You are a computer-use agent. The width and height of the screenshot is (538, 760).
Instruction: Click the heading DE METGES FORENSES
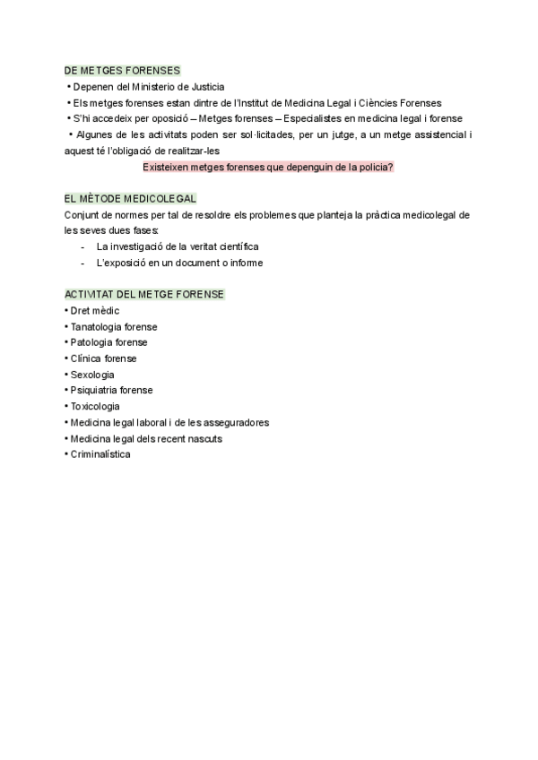pos(122,70)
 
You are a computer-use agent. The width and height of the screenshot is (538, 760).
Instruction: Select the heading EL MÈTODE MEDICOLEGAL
pos(131,198)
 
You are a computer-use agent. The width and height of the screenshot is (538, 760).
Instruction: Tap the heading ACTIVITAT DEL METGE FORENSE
pos(144,294)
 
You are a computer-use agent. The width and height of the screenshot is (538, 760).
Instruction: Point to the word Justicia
pos(203,86)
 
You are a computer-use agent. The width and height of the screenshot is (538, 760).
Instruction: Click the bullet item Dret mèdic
pos(94,310)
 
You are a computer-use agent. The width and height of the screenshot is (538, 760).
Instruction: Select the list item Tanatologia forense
pos(113,326)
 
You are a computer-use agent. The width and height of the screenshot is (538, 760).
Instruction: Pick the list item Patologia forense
pos(108,342)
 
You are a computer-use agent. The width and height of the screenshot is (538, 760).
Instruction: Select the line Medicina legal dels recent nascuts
pos(146,438)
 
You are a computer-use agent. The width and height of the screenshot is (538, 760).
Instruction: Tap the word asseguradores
pos(239,422)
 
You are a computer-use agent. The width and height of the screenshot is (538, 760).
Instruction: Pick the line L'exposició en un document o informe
pos(179,263)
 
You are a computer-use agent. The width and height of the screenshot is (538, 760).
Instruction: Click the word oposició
pos(167,118)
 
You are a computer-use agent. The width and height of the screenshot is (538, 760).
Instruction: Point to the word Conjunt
pos(82,214)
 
